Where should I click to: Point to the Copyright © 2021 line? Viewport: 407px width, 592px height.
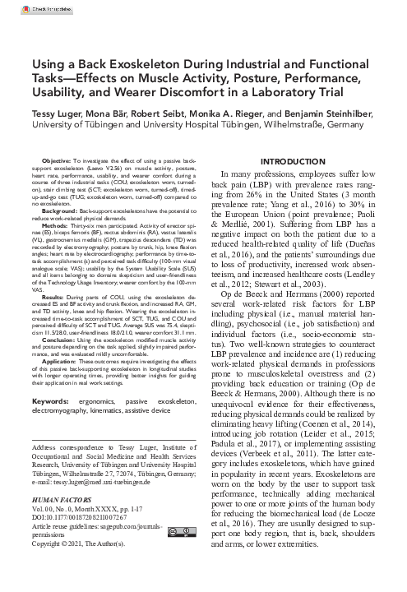click(96, 565)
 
